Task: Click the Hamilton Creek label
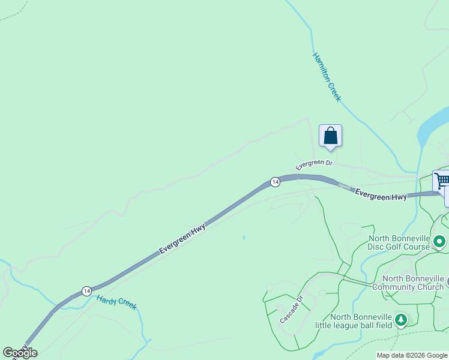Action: click(327, 77)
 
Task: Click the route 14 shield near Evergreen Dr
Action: click(275, 182)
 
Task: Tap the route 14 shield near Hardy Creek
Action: click(87, 290)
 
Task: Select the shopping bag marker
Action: click(330, 136)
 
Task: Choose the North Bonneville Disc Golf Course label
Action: click(399, 242)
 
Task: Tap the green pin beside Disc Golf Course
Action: click(439, 242)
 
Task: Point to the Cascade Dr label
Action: click(292, 309)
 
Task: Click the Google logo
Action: click(20, 353)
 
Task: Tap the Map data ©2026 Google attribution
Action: click(412, 355)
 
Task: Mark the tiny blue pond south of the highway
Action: click(244, 238)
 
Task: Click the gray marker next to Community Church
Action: click(447, 281)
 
